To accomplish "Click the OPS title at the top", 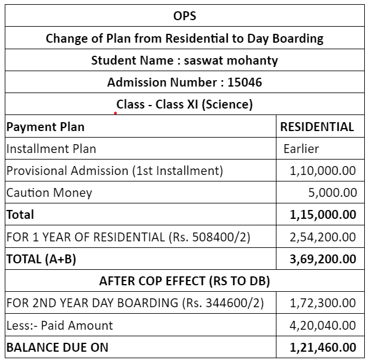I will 184,16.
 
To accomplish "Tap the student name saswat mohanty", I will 232,60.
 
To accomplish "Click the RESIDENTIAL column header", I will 317,126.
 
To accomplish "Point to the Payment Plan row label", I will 45,126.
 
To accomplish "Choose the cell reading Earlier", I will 301,149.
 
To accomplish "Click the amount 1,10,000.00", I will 323,171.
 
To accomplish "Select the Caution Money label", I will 49,193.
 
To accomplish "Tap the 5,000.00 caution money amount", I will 333,193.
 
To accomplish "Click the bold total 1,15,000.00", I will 323,215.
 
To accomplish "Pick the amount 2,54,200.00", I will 323,237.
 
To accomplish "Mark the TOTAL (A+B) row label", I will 41,259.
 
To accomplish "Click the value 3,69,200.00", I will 323,259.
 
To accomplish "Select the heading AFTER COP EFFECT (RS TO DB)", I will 184,281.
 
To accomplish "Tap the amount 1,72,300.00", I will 323,302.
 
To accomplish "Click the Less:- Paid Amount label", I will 59,324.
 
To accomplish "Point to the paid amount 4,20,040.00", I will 323,324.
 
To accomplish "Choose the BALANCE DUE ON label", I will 58,346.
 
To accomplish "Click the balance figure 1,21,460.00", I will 323,346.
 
